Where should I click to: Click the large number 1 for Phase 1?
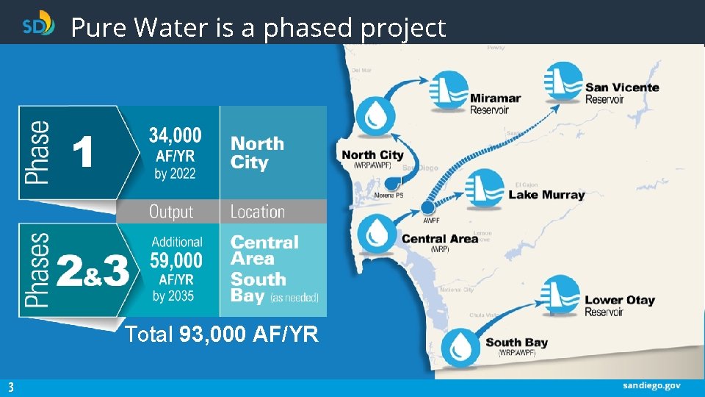pyautogui.click(x=82, y=154)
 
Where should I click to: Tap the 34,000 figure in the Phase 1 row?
pyautogui.click(x=175, y=136)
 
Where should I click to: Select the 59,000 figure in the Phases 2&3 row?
pyautogui.click(x=177, y=261)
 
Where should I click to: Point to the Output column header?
pyautogui.click(x=171, y=212)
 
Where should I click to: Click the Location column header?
pyautogui.click(x=257, y=212)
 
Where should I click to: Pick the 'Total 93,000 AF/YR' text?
pyautogui.click(x=222, y=335)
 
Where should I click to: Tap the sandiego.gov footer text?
pyautogui.click(x=652, y=385)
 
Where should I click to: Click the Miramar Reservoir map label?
pyautogui.click(x=495, y=104)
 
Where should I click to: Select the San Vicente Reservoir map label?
pyautogui.click(x=621, y=93)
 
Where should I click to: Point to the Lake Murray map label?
pyautogui.click(x=546, y=195)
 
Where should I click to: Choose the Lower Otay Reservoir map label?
pyautogui.click(x=619, y=305)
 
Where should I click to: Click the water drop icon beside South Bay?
pyautogui.click(x=460, y=344)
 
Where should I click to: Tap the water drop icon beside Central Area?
pyautogui.click(x=377, y=232)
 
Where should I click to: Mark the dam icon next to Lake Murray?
pyautogui.click(x=485, y=188)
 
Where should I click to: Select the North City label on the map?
pyautogui.click(x=372, y=155)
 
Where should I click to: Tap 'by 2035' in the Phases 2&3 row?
pyautogui.click(x=174, y=296)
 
